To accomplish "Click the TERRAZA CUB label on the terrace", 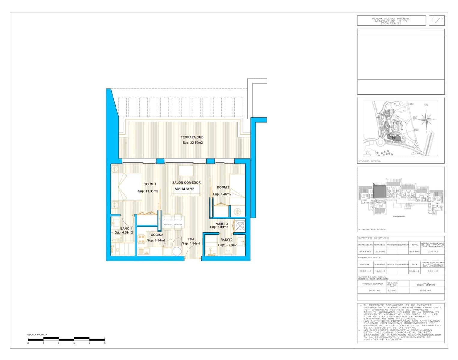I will click(x=192, y=137).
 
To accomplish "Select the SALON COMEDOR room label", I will click(x=186, y=182).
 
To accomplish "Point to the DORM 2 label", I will click(x=223, y=187).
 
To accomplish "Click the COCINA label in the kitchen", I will click(x=157, y=235).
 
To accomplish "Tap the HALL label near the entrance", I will click(x=192, y=239).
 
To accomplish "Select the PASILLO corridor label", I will click(x=221, y=224).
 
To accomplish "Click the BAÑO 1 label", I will click(x=126, y=229).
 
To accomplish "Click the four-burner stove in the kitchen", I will click(x=142, y=239).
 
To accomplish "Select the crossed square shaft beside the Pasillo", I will click(x=240, y=225).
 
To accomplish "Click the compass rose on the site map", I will click(x=426, y=119).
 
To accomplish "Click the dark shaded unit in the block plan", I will click(x=379, y=191).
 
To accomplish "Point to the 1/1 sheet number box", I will click(x=437, y=21).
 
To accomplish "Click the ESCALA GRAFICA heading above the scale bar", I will click(x=37, y=334).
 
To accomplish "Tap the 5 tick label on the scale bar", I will click(x=104, y=343).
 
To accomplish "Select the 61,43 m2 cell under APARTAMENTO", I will click(x=365, y=251).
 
